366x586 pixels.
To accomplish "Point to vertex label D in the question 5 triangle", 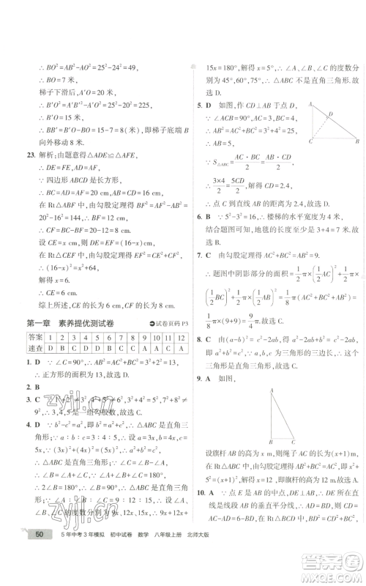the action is click(x=332, y=114).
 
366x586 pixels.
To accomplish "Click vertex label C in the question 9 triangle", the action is click(x=294, y=443).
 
